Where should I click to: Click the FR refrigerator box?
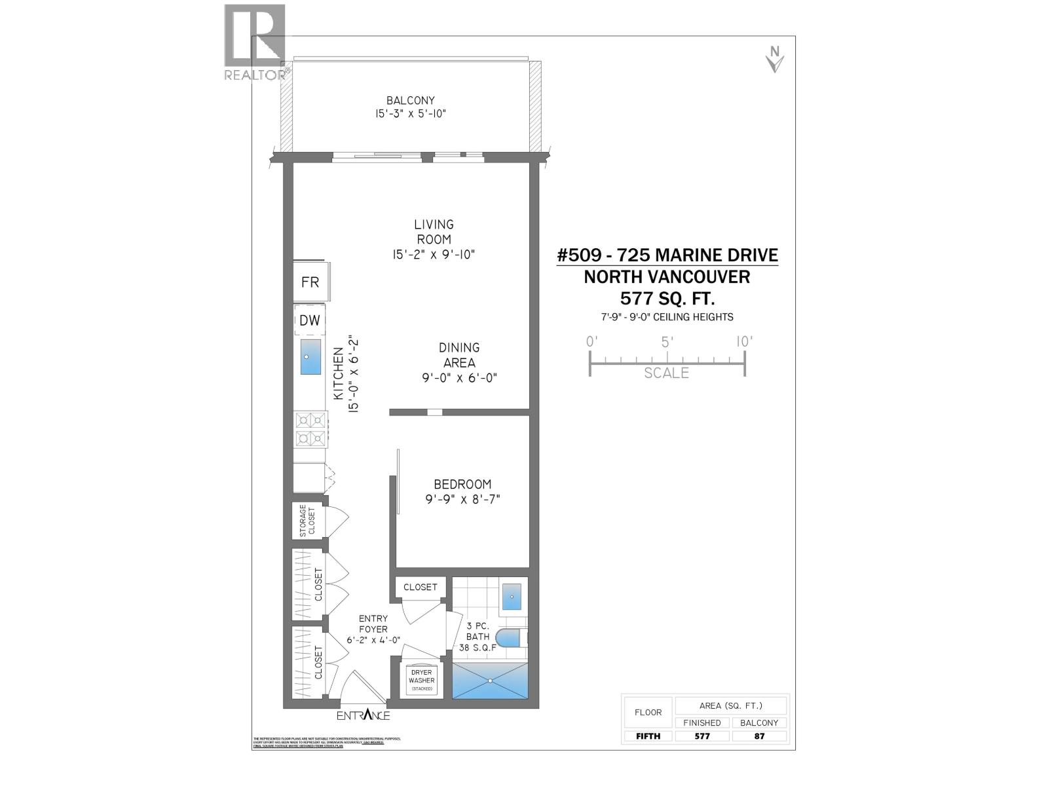310,282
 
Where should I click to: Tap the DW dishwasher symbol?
310,320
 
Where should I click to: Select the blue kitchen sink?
310,357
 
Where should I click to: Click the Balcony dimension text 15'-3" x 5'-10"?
411,113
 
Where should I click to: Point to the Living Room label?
434,232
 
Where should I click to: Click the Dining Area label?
459,355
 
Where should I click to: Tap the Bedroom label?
462,485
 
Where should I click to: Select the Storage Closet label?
307,521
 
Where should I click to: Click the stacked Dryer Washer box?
421,681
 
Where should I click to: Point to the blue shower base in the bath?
490,681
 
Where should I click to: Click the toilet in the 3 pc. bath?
511,637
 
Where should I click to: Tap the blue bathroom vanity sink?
512,597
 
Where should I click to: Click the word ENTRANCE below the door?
364,715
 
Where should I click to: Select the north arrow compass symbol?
775,60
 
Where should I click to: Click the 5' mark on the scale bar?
667,354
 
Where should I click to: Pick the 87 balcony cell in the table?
760,736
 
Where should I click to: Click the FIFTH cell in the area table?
648,736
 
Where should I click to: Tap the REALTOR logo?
255,43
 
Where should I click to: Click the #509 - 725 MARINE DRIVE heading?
667,255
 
